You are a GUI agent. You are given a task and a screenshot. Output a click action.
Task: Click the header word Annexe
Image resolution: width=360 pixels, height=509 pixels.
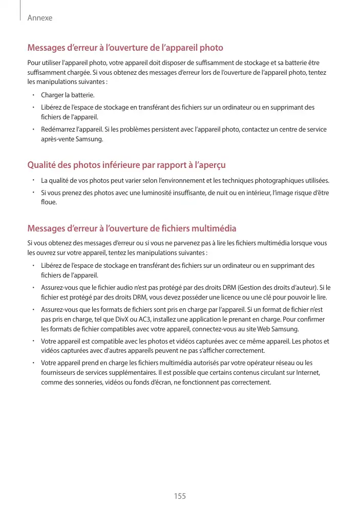click(x=40, y=18)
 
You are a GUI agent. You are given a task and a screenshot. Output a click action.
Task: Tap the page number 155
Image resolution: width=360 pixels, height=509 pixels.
click(x=180, y=496)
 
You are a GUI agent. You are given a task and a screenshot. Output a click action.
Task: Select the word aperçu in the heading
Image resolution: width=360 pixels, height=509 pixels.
click(x=210, y=165)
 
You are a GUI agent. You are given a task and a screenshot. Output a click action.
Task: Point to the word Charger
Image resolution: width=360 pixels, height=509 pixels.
click(x=52, y=95)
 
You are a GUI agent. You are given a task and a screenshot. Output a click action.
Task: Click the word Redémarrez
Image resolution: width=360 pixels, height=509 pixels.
click(x=59, y=130)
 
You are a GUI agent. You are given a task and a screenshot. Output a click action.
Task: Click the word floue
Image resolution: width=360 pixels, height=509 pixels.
click(x=49, y=202)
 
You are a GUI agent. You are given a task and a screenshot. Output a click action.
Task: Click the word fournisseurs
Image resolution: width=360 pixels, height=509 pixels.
click(x=60, y=373)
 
